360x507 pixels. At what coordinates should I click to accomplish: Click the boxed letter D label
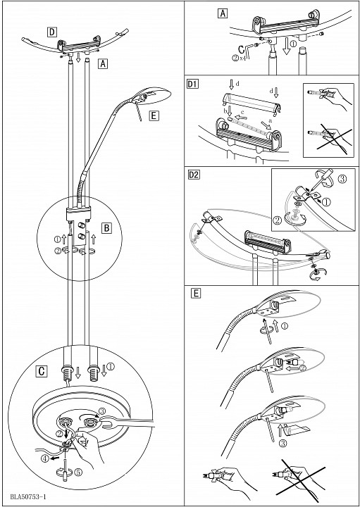pos(51,32)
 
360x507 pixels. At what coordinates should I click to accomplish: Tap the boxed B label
pos(106,228)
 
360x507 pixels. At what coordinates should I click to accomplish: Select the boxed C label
pos(42,372)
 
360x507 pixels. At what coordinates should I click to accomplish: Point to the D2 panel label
pos(194,175)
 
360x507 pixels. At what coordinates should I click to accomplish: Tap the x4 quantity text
pos(242,59)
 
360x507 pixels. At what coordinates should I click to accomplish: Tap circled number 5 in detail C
pos(78,471)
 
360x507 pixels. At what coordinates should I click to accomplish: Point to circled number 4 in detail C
pos(44,458)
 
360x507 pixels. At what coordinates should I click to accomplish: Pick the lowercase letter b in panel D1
pos(225,111)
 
